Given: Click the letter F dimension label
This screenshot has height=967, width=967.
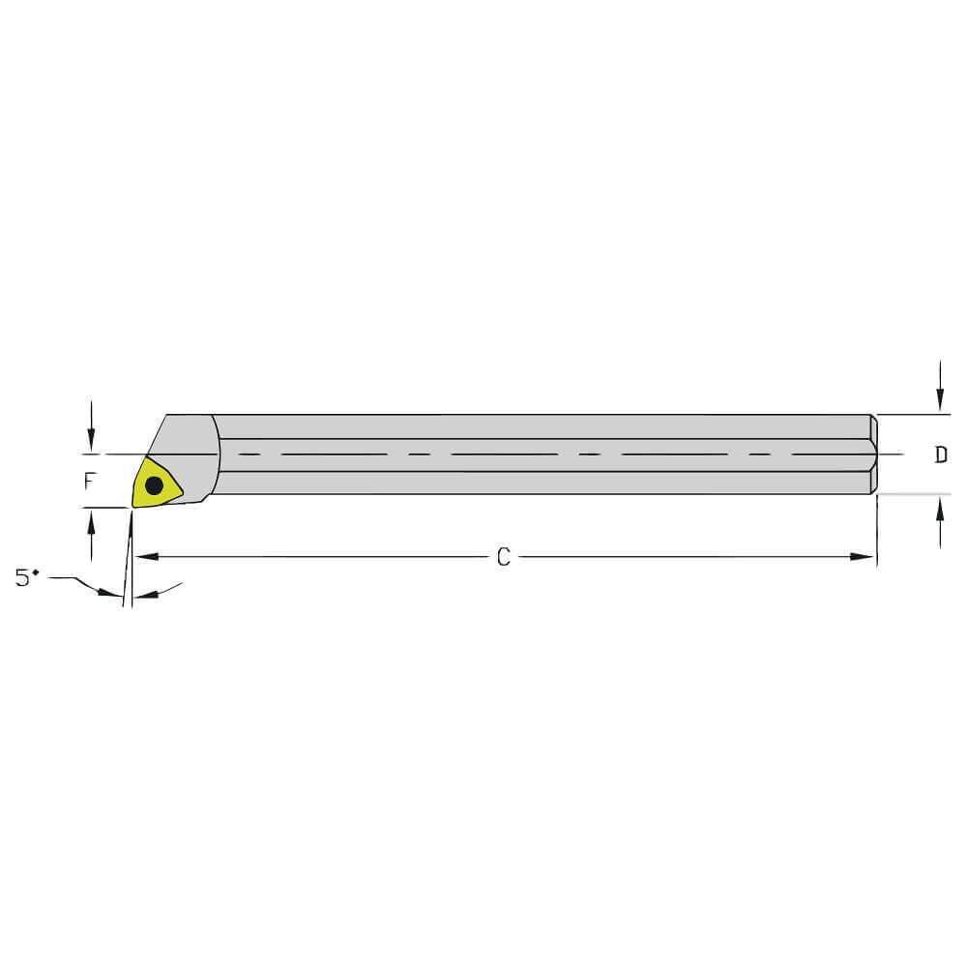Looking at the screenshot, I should point(89,479).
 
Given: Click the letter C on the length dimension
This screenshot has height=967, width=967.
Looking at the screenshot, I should point(503,557).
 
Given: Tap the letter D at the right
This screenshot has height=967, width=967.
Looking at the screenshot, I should point(941,454).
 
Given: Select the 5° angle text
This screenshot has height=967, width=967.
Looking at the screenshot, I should point(27,578).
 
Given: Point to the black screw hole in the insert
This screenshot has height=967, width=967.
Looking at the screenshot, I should point(154,486).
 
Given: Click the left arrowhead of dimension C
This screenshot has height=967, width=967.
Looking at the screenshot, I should point(143,557).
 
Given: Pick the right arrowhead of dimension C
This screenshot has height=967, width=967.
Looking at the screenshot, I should point(866,557).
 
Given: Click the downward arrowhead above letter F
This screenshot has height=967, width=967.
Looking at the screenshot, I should point(91,442).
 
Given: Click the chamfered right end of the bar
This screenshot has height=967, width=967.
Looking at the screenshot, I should point(873,454).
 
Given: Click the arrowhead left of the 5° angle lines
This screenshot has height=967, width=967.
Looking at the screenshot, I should point(115,593).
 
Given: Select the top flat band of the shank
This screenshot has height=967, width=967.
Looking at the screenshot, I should point(542,426).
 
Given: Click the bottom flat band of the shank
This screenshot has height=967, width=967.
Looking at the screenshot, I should point(542,483).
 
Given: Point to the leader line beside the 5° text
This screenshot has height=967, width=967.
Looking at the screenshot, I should point(73,580).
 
